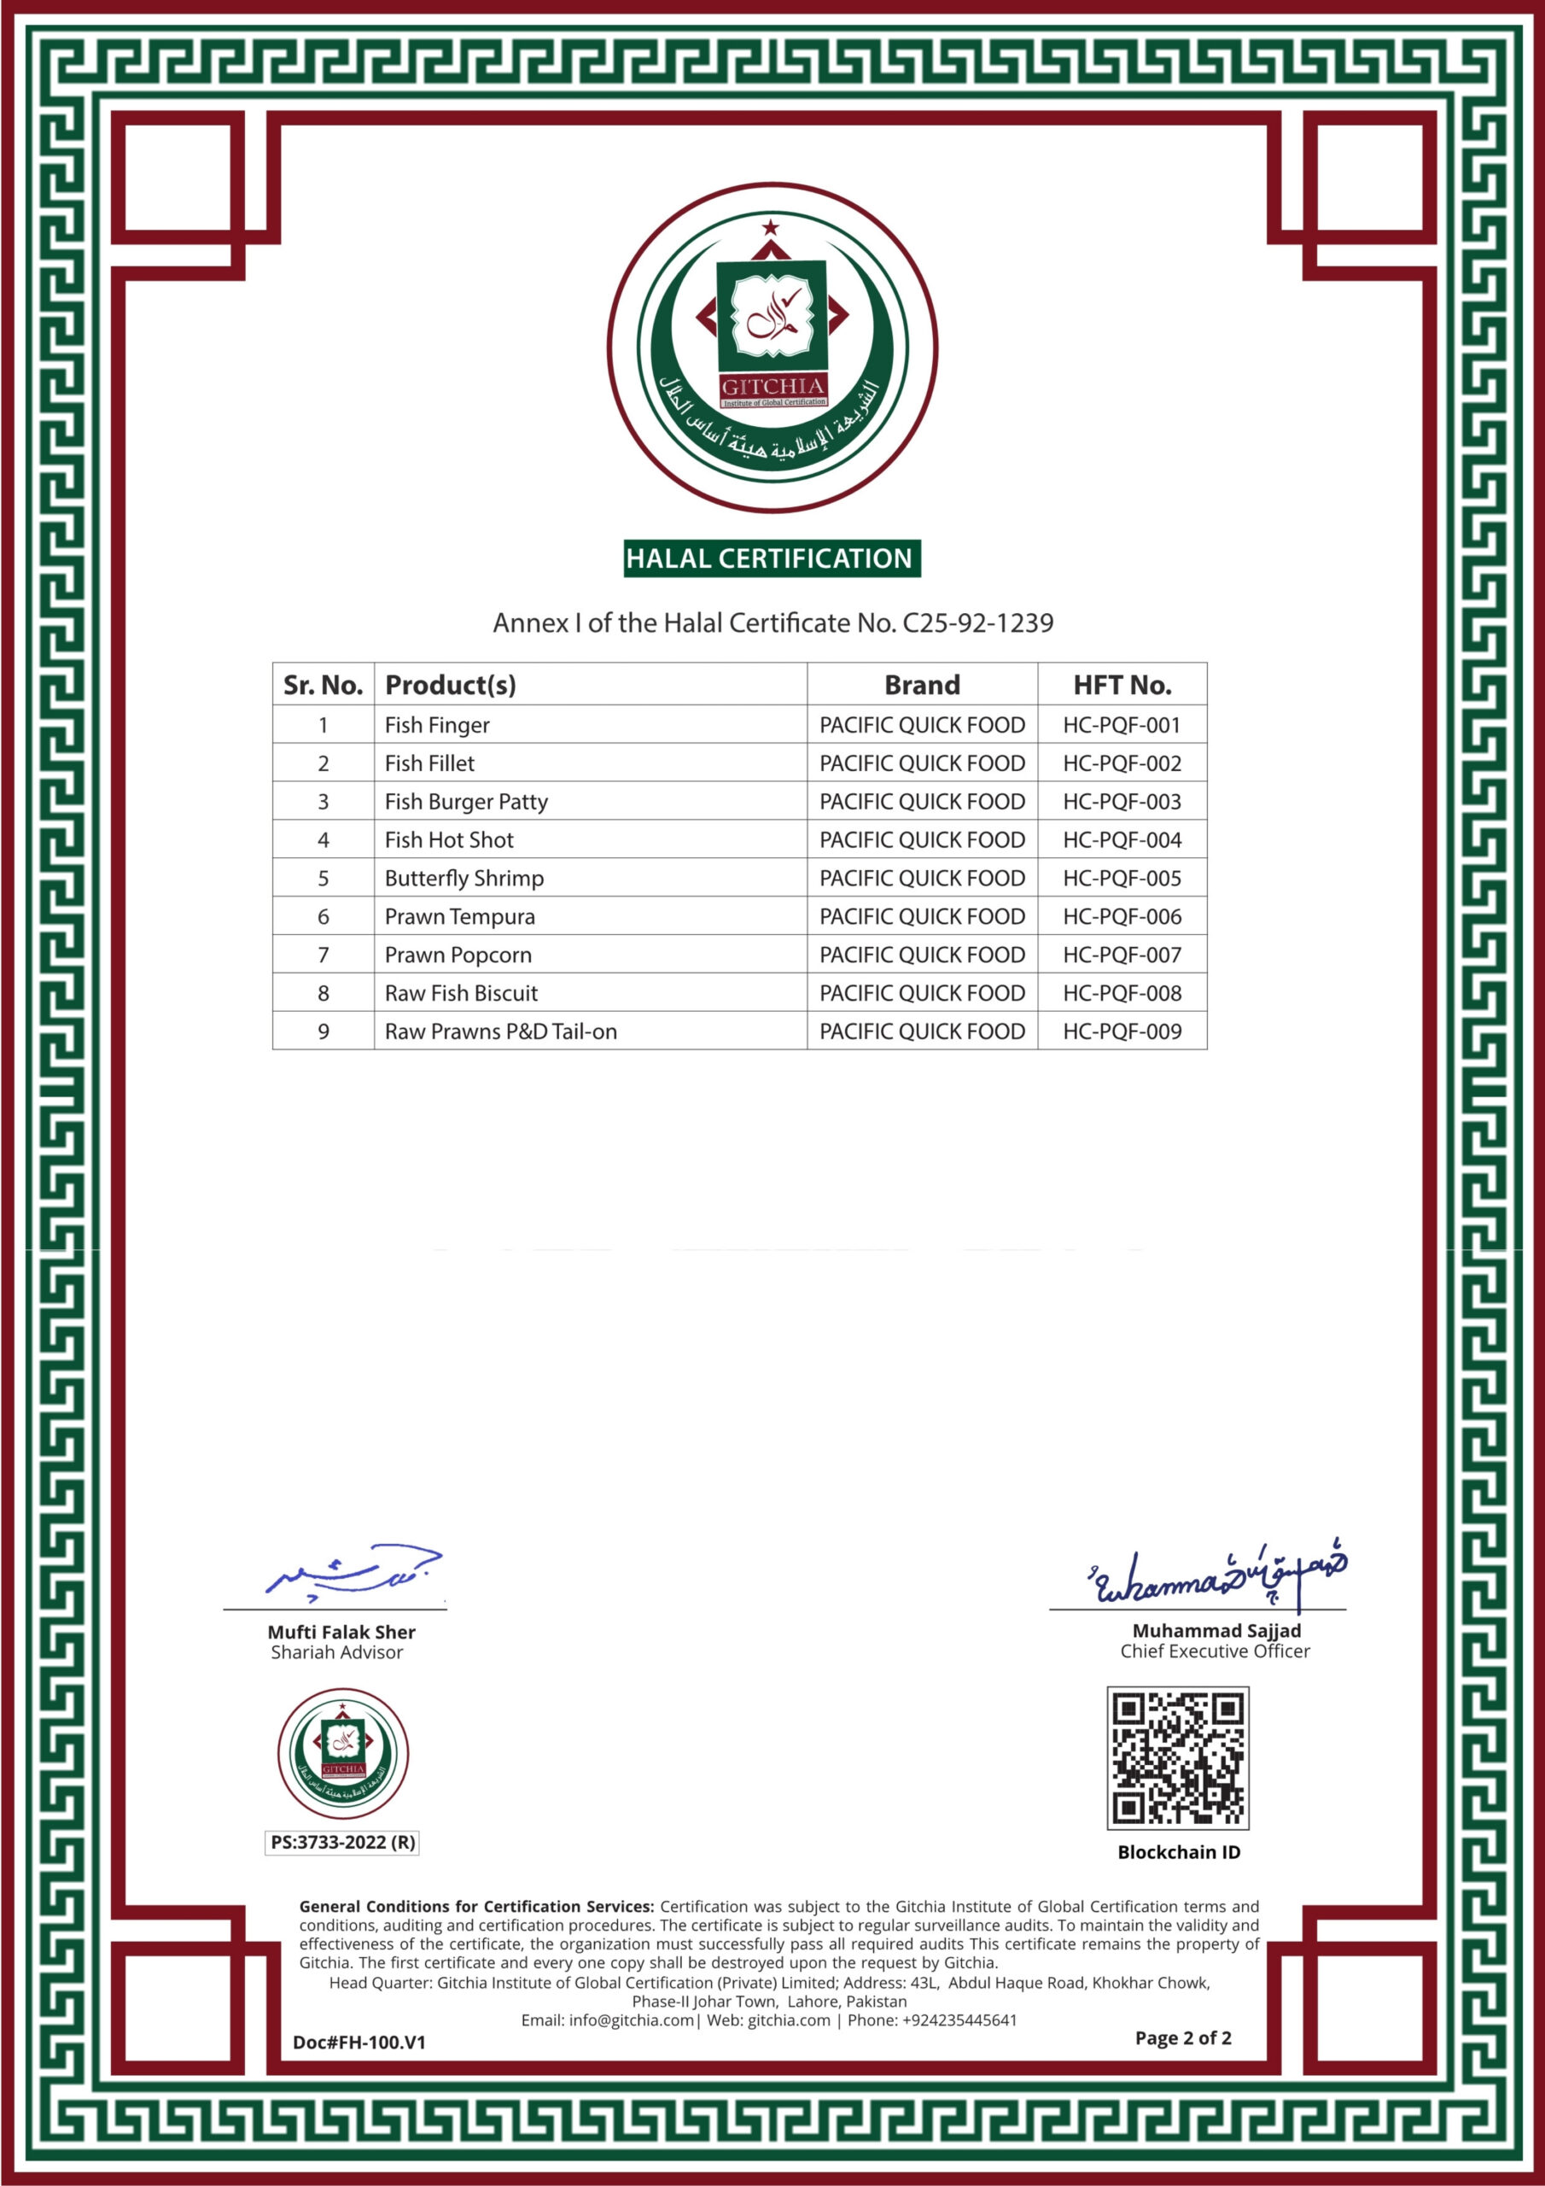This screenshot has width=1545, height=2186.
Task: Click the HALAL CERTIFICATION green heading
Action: pos(771,558)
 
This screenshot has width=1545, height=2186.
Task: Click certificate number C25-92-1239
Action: pos(977,622)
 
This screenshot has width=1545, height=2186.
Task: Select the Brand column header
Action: pos(922,685)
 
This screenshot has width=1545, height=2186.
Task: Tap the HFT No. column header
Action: pos(1122,685)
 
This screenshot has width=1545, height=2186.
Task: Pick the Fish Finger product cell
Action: pos(437,726)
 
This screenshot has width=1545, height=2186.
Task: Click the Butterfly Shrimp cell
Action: pos(463,878)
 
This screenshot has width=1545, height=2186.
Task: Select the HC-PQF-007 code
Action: pos(1122,955)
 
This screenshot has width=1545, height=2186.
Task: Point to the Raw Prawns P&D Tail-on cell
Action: pos(501,1032)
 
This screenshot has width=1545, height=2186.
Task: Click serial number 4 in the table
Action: pos(323,839)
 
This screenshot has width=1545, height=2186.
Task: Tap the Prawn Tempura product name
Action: pos(460,917)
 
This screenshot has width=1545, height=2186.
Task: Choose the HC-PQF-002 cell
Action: pos(1122,763)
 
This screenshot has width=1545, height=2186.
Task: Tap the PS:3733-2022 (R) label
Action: pos(342,1842)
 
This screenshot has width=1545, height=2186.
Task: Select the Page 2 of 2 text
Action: pos(1182,2037)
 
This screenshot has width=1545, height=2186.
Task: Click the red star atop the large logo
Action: pos(770,226)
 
